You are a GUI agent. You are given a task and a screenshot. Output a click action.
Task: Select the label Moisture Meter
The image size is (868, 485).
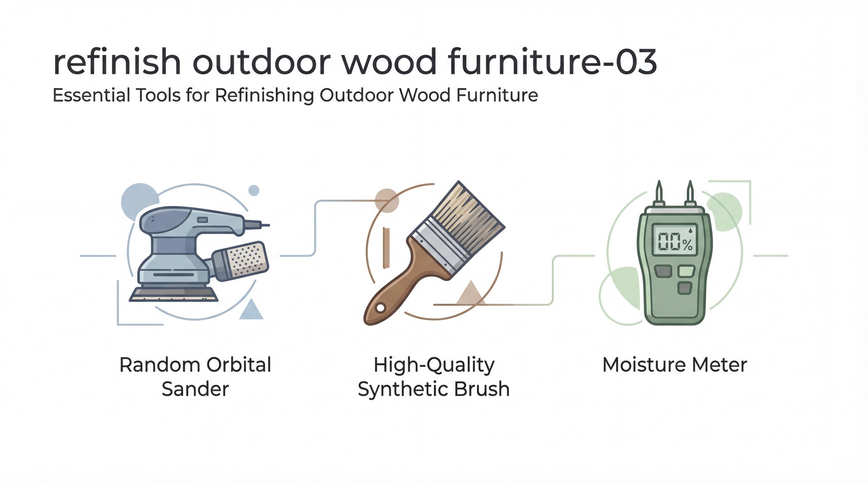point(675,365)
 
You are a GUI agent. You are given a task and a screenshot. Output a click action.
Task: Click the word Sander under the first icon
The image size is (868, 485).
point(195,389)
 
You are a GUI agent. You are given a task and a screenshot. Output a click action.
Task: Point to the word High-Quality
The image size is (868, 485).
point(434,365)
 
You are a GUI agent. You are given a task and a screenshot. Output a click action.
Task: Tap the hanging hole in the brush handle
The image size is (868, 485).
point(380,308)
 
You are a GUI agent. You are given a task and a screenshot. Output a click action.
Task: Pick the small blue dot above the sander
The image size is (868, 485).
point(254,190)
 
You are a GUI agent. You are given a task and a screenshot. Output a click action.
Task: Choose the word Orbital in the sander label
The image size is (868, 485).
point(239,365)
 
